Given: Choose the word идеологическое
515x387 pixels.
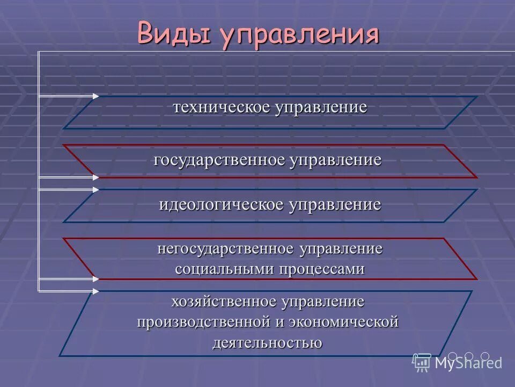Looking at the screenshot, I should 222,204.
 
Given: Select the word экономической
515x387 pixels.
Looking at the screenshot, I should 344,322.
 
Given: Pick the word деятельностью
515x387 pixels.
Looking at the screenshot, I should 267,342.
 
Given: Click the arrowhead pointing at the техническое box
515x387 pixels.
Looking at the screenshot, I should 95,96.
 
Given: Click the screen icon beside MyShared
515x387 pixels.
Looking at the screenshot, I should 422,362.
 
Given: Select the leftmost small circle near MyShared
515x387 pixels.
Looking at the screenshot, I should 453,356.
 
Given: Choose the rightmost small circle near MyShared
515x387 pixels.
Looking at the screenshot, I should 485,356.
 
